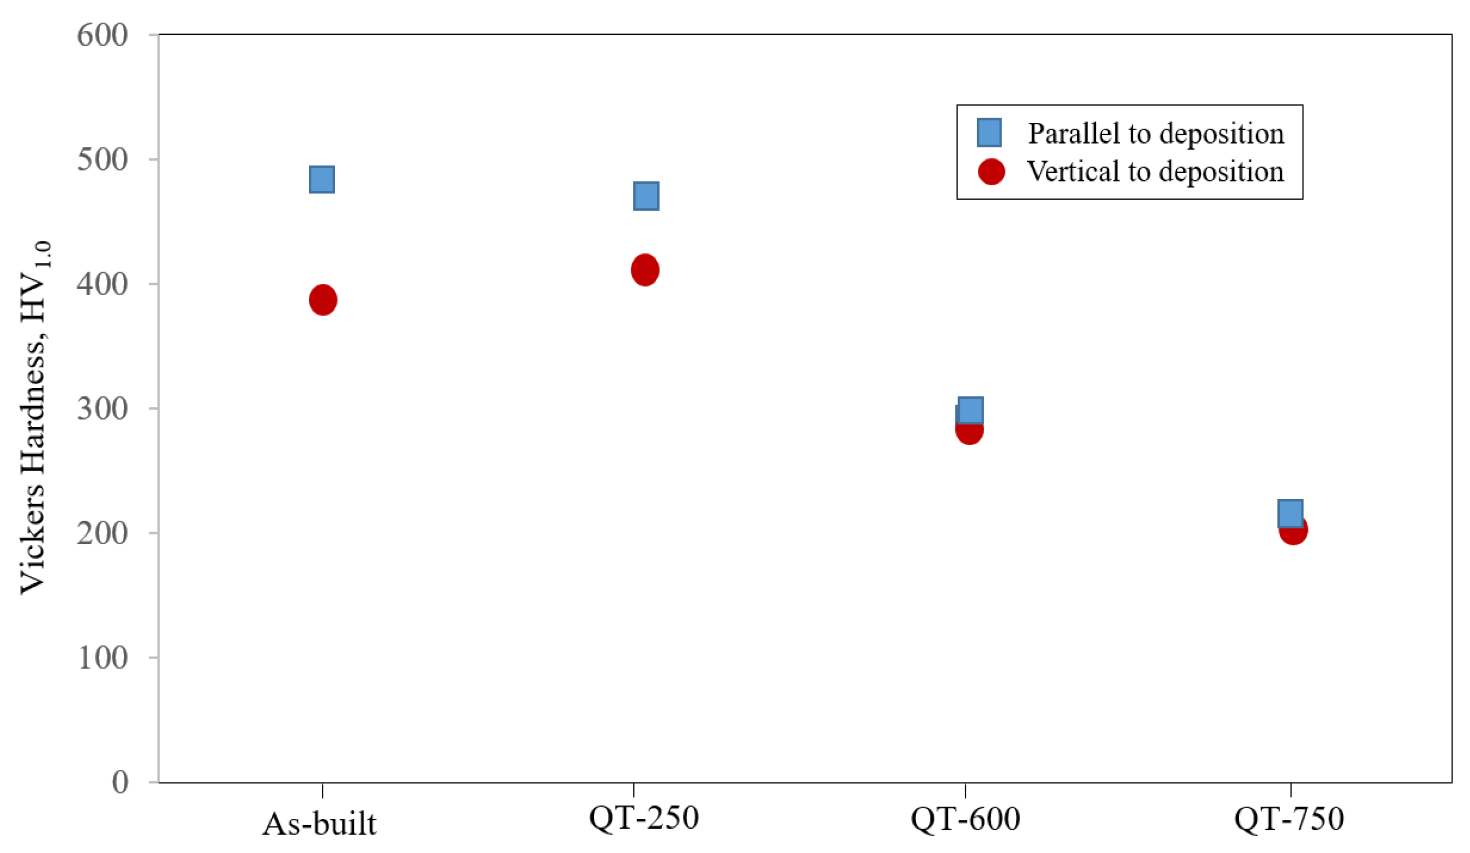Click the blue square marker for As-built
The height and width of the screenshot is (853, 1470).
click(x=321, y=179)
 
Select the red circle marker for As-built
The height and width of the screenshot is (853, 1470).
click(x=322, y=300)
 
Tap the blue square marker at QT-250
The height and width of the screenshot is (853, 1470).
click(x=646, y=195)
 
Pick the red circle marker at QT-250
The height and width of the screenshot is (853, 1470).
click(x=644, y=270)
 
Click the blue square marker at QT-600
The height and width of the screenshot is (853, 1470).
click(x=970, y=410)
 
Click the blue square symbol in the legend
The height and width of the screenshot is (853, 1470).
click(x=989, y=132)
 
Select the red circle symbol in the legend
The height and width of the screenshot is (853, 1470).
click(x=991, y=172)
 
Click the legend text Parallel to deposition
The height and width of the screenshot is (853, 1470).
click(x=1155, y=134)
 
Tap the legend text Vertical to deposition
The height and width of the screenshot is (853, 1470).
click(x=1155, y=172)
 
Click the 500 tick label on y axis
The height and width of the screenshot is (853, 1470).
click(x=102, y=159)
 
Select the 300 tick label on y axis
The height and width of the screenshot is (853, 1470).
click(x=102, y=408)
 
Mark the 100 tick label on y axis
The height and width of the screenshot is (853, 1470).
click(x=102, y=658)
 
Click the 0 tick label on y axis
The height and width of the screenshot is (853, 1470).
click(x=120, y=782)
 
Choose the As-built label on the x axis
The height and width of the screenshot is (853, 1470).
click(x=319, y=824)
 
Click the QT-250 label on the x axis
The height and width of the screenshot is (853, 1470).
click(x=643, y=818)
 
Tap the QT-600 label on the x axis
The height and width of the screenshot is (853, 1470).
click(x=965, y=819)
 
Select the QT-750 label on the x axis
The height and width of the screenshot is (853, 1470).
click(x=1289, y=819)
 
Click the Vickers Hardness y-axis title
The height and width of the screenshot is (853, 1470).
click(x=35, y=417)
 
